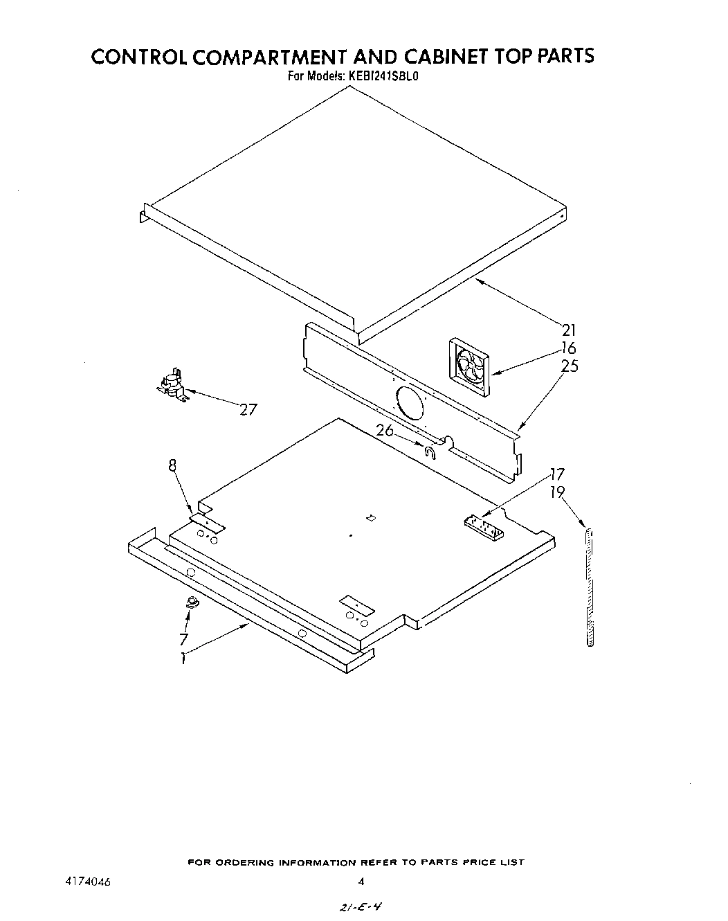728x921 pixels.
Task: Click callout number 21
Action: click(x=568, y=330)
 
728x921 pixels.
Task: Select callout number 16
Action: click(x=568, y=348)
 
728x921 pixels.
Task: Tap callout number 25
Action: click(x=570, y=366)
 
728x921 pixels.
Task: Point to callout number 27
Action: click(x=248, y=409)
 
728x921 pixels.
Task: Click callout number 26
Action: click(x=385, y=430)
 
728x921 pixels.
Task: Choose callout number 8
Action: click(x=172, y=466)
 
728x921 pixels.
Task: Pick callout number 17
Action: click(x=557, y=474)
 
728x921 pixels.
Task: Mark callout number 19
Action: click(x=557, y=492)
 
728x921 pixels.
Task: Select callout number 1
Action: click(x=183, y=659)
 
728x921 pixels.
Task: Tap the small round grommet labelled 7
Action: click(x=191, y=602)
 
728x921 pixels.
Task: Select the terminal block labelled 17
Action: click(x=484, y=527)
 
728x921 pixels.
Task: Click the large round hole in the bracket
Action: click(x=411, y=403)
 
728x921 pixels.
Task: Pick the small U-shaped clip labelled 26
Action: click(x=430, y=453)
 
